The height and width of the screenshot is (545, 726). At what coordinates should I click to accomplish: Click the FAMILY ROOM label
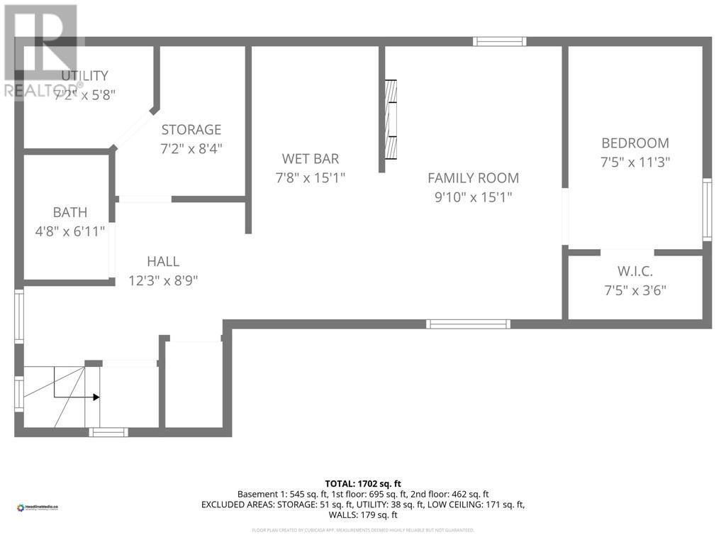(473, 178)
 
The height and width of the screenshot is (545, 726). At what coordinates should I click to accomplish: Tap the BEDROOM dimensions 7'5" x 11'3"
(635, 162)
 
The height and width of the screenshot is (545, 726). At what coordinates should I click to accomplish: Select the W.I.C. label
(635, 271)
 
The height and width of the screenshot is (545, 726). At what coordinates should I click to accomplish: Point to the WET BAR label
(310, 159)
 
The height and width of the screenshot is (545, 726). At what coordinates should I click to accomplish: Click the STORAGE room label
(191, 130)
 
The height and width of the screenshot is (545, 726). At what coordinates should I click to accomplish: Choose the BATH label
(70, 212)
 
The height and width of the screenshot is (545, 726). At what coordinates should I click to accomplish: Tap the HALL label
(163, 262)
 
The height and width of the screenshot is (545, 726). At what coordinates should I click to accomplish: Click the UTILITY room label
(84, 76)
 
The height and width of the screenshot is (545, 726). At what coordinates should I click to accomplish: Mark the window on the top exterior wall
(500, 41)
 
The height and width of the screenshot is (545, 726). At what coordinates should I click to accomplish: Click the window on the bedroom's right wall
(707, 209)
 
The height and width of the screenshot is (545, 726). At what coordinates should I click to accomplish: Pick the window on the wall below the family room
(468, 324)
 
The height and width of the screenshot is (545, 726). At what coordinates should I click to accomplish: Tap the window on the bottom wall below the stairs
(108, 431)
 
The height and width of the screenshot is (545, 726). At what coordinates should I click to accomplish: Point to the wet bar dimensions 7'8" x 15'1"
(310, 178)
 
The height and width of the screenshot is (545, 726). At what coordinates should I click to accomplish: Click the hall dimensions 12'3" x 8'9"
(163, 280)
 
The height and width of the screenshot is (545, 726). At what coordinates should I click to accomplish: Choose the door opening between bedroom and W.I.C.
(627, 252)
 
